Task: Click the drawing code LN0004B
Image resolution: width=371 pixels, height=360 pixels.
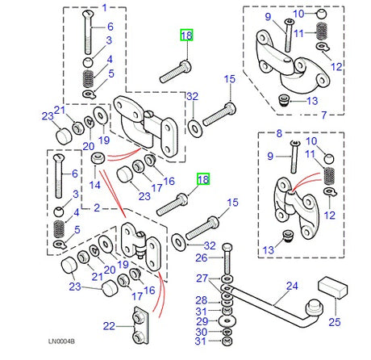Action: point(61,341)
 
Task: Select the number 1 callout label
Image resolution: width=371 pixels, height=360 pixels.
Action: point(105,7)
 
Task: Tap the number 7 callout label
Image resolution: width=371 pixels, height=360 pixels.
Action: point(324,115)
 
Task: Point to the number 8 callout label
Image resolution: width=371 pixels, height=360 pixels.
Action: point(279,133)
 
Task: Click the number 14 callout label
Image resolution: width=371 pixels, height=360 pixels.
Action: point(95,185)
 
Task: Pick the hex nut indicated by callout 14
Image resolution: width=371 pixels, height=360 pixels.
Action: point(98,158)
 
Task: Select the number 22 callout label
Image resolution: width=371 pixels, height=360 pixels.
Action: point(109,326)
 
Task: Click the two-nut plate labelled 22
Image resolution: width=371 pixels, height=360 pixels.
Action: point(140,325)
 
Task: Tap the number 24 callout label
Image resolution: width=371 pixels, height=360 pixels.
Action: point(292,286)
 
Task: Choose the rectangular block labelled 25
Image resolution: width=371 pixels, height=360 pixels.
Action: point(333,288)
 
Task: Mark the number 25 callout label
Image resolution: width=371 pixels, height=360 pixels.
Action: point(335,322)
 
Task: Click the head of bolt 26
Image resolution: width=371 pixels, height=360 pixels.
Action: point(227,248)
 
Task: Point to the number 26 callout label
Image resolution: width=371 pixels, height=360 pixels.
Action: point(202,257)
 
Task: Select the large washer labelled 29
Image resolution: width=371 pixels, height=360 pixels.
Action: point(227,321)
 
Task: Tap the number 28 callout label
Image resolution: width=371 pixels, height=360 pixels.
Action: point(202,300)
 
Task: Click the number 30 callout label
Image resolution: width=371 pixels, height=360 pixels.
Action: point(202,332)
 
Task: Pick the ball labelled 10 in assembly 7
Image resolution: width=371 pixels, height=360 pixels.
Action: point(321,15)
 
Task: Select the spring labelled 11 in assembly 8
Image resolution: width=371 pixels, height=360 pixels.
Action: point(329,176)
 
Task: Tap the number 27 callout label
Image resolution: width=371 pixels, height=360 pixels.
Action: point(202,278)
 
